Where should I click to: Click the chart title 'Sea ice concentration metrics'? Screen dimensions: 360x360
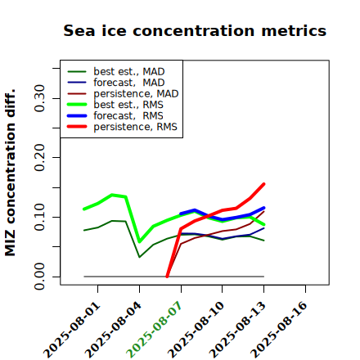[195, 30]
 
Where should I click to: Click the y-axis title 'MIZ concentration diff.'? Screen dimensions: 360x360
[10, 173]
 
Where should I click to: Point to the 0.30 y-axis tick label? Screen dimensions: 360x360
[40, 98]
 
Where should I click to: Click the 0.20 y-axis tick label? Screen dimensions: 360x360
[40, 157]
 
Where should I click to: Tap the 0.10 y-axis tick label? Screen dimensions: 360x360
[40, 217]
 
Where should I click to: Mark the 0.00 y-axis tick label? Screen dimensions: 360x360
[40, 277]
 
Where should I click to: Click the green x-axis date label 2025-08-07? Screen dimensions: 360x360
[155, 330]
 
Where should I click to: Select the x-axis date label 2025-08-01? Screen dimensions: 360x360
[71, 330]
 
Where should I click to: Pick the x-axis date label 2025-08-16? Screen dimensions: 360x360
[279, 330]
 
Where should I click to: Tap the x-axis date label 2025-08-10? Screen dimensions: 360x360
[196, 330]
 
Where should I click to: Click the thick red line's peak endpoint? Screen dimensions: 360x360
[263, 184]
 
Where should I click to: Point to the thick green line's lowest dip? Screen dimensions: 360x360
[140, 241]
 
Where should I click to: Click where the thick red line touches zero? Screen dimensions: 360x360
[167, 277]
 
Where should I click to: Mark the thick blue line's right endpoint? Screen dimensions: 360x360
[263, 208]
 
